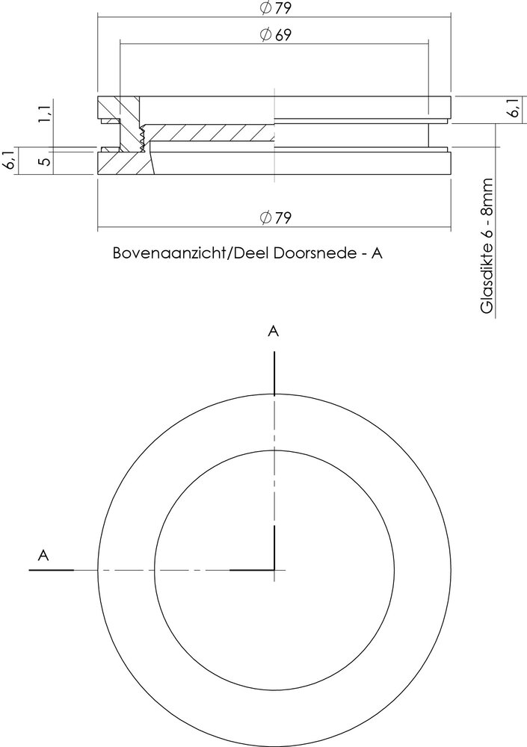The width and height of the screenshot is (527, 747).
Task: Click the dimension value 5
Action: (46, 161)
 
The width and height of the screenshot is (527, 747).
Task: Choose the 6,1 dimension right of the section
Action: (513, 109)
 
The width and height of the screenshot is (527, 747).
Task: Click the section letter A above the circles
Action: (274, 332)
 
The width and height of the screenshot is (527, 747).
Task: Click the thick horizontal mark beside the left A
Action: (51, 570)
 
